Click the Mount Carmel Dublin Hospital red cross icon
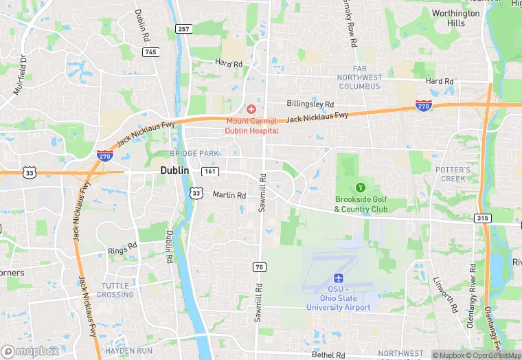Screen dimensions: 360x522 pos(251,110)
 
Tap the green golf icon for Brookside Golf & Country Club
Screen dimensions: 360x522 pos(360,187)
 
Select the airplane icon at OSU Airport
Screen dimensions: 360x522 pos(338,278)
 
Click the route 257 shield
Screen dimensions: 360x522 pos(183,29)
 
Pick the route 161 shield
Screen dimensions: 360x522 pos(210,170)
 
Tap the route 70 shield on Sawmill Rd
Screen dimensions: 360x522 pos(259,267)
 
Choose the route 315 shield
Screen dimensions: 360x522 pos(483,218)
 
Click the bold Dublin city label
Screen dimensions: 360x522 pos(174,170)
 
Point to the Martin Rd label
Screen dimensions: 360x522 pos(229,195)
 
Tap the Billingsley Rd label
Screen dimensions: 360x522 pos(310,103)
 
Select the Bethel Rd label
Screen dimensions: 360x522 pos(328,355)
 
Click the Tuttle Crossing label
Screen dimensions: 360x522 pos(116,290)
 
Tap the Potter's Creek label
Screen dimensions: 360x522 pos(453,174)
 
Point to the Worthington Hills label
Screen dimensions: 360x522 pos(456,18)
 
